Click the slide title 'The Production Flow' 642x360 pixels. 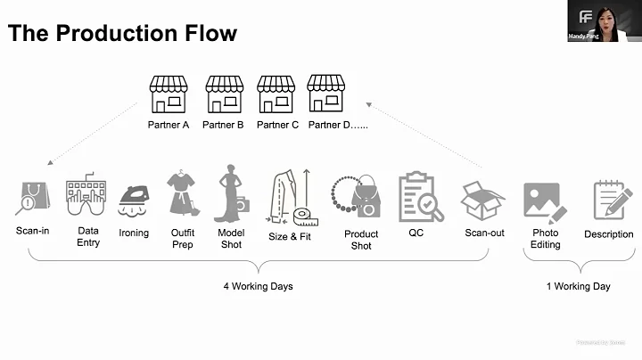click(x=122, y=34)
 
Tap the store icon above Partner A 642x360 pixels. click(x=169, y=94)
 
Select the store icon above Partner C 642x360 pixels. click(x=276, y=94)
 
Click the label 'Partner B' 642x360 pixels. click(x=223, y=125)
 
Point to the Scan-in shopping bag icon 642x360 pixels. click(x=33, y=198)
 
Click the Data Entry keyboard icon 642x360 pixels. click(x=86, y=197)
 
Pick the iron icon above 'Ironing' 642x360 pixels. click(x=135, y=197)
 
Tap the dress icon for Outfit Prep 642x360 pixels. click(x=182, y=193)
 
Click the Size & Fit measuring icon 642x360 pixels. click(x=292, y=197)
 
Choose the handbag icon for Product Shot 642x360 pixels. click(x=358, y=198)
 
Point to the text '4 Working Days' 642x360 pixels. click(x=258, y=287)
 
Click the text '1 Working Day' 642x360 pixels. click(x=578, y=287)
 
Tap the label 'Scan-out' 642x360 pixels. click(x=484, y=233)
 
